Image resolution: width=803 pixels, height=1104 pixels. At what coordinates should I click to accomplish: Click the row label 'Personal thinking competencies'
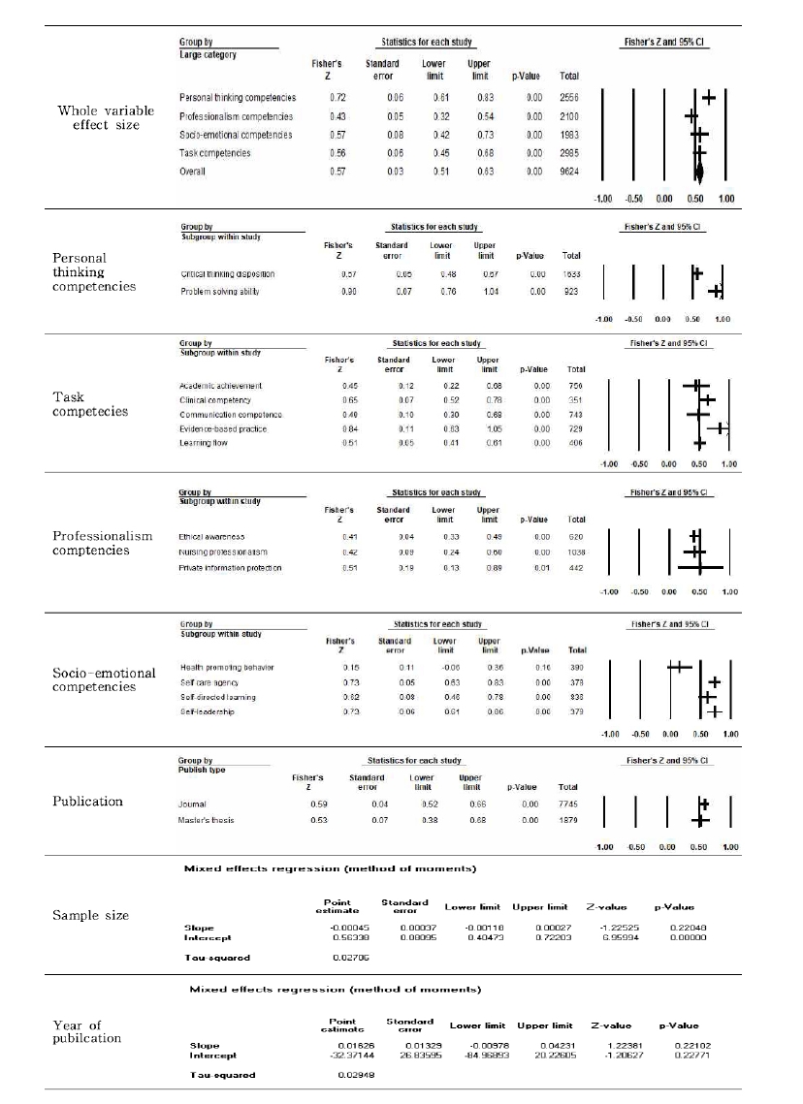238,98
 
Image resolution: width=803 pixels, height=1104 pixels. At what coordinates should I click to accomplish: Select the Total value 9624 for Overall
569,172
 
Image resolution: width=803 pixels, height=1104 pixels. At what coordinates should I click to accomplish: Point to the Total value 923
571,291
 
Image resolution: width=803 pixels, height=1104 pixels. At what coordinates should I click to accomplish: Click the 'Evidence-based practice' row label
223,428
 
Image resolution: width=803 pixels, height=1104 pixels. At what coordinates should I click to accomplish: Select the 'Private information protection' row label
231,567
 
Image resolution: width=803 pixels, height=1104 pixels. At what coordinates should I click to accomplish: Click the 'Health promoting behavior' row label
227,668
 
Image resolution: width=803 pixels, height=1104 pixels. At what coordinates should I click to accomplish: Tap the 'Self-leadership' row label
208,711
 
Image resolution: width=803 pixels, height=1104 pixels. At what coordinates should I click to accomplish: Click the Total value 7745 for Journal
569,804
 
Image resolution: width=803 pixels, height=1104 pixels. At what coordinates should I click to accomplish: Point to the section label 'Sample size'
90,915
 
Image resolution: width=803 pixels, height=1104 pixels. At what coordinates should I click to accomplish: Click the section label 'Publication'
88,802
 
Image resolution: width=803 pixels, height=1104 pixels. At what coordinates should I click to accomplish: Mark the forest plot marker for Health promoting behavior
679,667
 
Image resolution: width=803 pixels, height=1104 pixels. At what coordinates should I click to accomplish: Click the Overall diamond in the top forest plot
699,172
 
